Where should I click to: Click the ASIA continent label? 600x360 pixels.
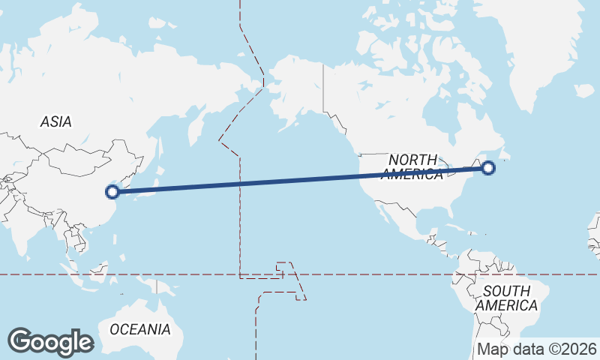[56, 121]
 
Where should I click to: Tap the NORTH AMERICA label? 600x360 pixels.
[412, 166]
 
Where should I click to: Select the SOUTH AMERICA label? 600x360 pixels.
[506, 298]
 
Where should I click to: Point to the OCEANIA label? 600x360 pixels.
[140, 329]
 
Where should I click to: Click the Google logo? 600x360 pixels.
[50, 341]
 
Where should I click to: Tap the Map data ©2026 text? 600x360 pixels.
[537, 349]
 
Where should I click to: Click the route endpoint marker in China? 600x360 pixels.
[112, 191]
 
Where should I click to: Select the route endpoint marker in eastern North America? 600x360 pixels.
[488, 167]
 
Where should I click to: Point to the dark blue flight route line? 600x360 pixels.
[300, 179]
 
